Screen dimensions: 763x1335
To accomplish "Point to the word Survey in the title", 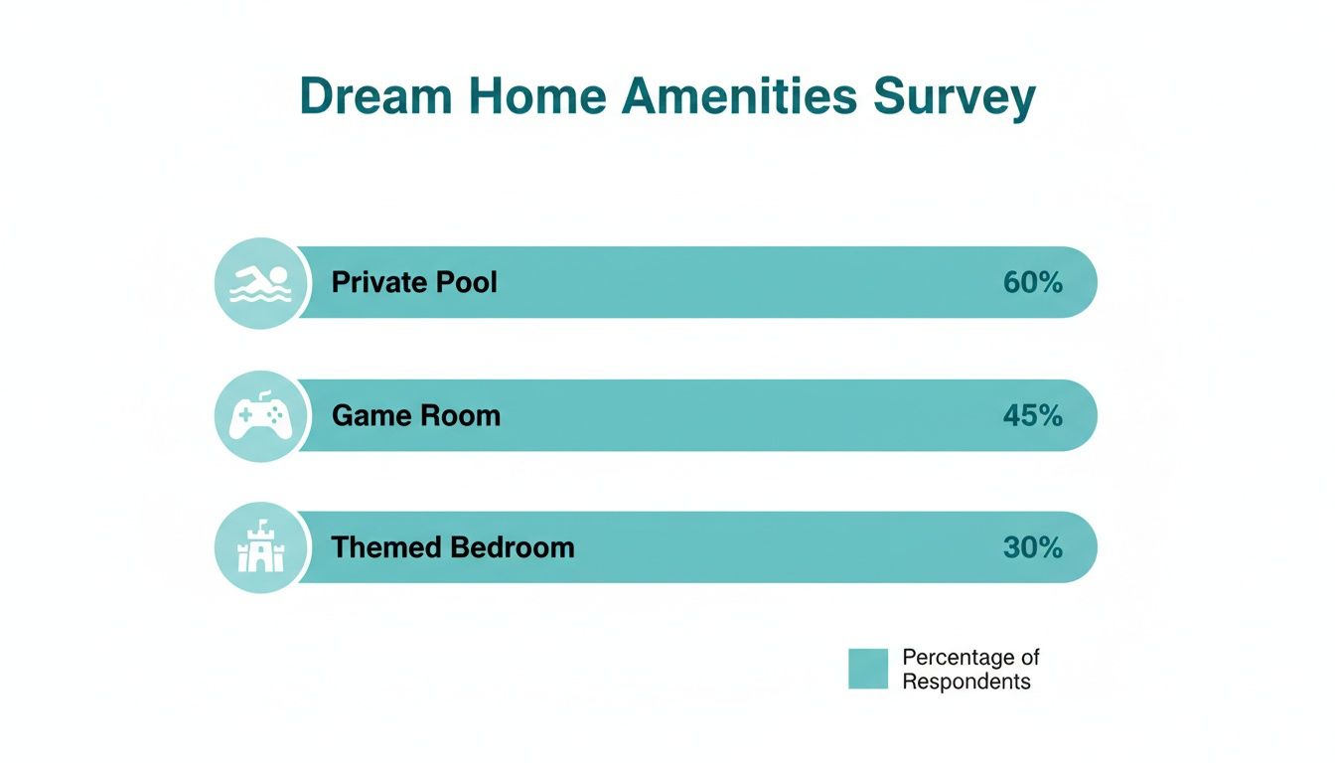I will click(x=955, y=97).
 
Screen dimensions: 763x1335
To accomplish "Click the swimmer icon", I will click(x=260, y=283).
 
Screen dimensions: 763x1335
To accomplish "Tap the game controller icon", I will click(x=260, y=416).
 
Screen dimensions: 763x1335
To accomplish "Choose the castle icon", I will click(x=260, y=548).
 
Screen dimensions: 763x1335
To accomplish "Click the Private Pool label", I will click(x=414, y=282).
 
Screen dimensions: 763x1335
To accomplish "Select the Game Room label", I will click(x=416, y=415).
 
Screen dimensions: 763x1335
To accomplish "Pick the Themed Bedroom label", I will click(x=453, y=547).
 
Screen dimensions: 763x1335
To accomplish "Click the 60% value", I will click(x=1033, y=282).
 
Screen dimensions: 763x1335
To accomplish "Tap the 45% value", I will click(x=1033, y=415).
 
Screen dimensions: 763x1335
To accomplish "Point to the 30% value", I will click(x=1033, y=547).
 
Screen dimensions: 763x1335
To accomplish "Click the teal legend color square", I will click(x=868, y=669).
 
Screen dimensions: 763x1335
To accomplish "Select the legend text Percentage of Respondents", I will click(x=970, y=669).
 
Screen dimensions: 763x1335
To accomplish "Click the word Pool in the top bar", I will click(x=466, y=282).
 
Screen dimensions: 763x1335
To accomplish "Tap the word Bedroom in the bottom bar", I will click(x=513, y=547).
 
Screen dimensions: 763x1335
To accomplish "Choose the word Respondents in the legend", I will click(x=966, y=682).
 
